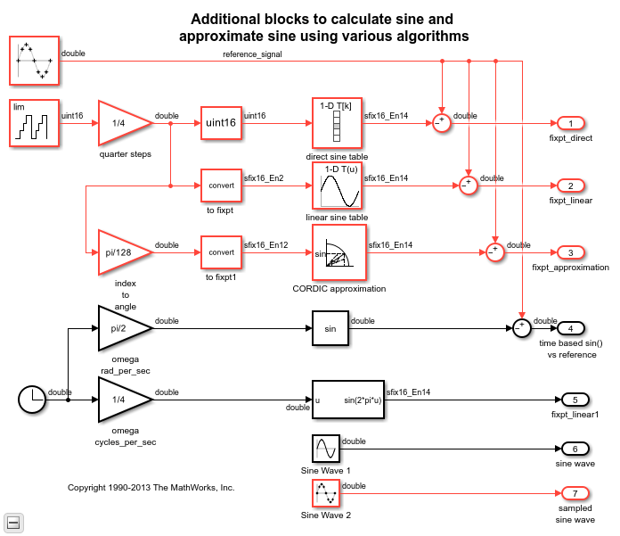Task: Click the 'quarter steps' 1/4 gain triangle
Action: point(120,122)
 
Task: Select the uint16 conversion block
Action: point(220,122)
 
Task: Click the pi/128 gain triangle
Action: point(120,252)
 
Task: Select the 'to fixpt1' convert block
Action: point(220,252)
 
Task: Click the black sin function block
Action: point(330,328)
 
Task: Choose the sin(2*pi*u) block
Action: point(347,400)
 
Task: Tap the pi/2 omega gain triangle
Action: point(120,328)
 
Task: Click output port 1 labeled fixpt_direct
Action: point(570,123)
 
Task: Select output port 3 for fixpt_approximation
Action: point(570,252)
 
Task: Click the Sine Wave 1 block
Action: point(325,449)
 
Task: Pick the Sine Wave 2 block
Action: point(325,493)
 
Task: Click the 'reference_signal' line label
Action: point(252,55)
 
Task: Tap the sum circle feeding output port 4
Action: point(521,328)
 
